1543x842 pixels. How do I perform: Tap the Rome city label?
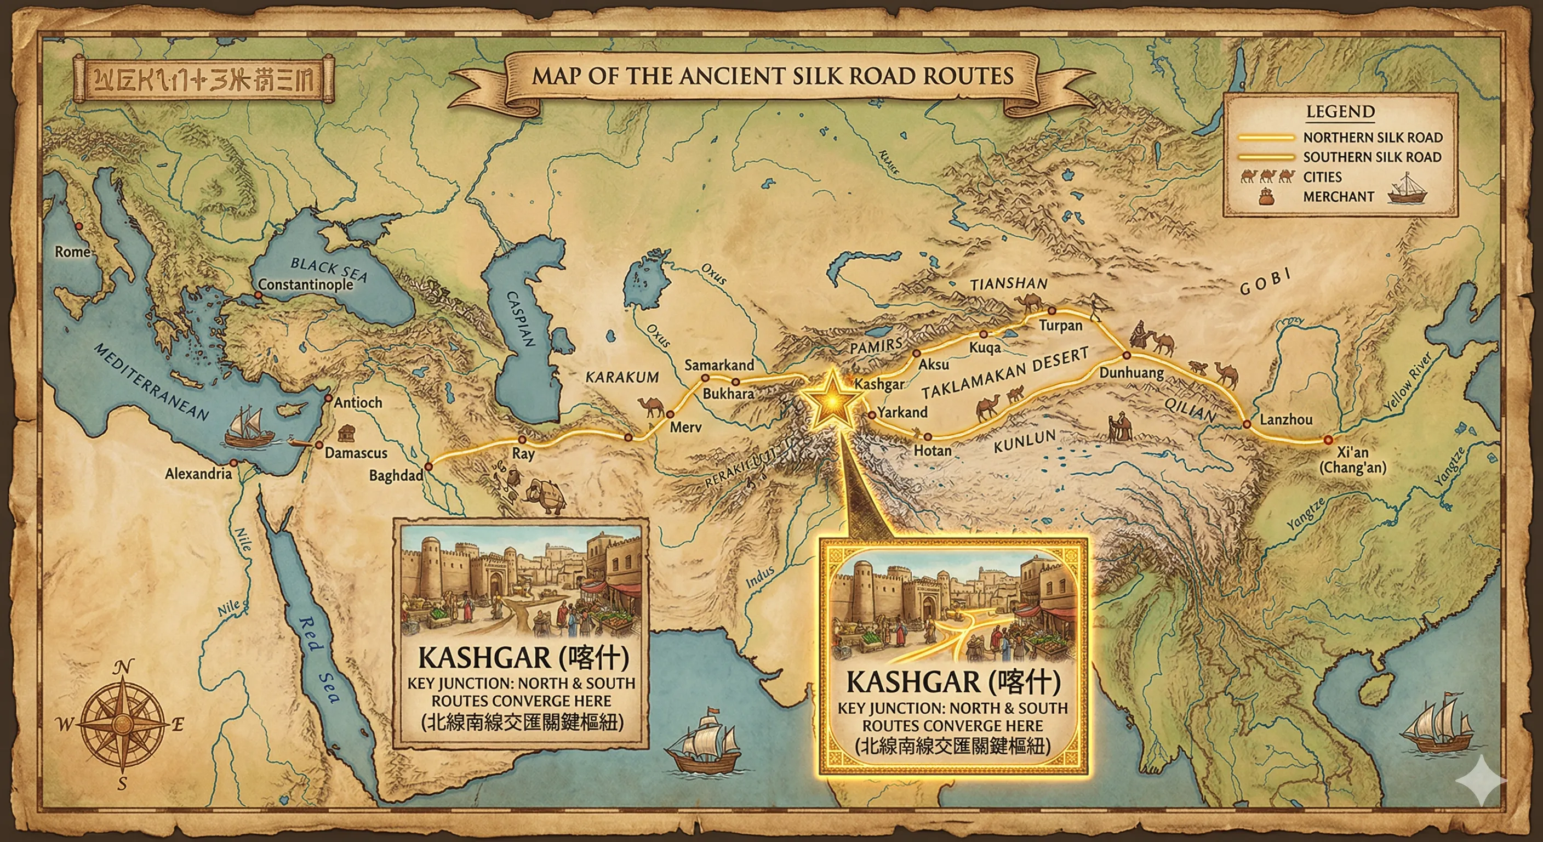pos(72,252)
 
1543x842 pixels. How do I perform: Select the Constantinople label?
pos(306,284)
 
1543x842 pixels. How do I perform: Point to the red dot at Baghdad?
pos(428,466)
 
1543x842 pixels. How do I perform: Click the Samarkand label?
pos(719,365)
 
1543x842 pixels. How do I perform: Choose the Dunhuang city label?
pos(1131,373)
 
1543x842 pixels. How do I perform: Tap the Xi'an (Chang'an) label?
pos(1352,460)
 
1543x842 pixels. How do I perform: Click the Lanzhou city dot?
pos(1247,424)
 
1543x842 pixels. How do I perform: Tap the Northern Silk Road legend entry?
pos(1372,137)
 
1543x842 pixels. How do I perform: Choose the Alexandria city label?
pos(198,474)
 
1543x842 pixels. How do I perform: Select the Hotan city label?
pos(932,450)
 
